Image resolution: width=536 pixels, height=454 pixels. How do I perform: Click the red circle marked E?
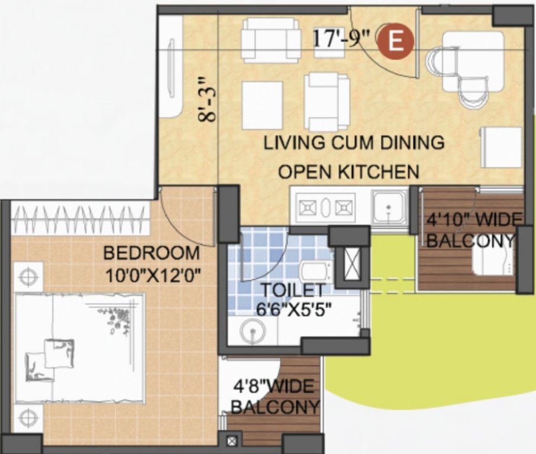(396, 41)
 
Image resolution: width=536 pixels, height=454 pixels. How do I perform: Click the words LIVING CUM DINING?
(354, 142)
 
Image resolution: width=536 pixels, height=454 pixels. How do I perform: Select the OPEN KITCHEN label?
(348, 172)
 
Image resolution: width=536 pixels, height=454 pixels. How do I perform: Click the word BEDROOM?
(151, 254)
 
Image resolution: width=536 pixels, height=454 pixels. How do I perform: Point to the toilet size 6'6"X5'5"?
(294, 309)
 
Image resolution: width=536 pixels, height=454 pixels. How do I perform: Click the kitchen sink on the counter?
(388, 207)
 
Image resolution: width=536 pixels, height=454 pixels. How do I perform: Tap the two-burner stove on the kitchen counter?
(324, 207)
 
